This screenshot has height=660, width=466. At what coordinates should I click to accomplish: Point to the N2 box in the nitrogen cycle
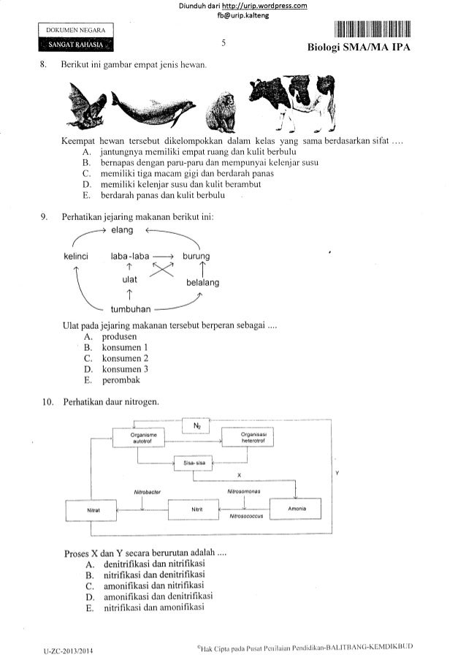tap(196, 425)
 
